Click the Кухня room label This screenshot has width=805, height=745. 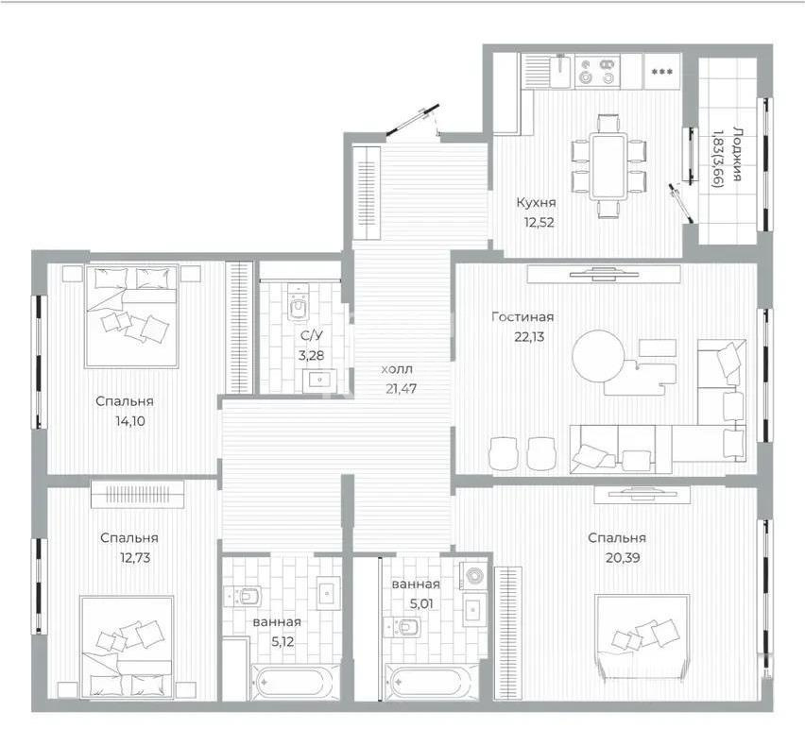pyautogui.click(x=535, y=202)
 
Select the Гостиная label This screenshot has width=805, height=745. pyautogui.click(x=522, y=317)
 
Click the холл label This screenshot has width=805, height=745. pyautogui.click(x=396, y=369)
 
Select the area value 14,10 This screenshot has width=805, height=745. pyautogui.click(x=127, y=421)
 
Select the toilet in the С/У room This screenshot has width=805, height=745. pyautogui.click(x=300, y=307)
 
